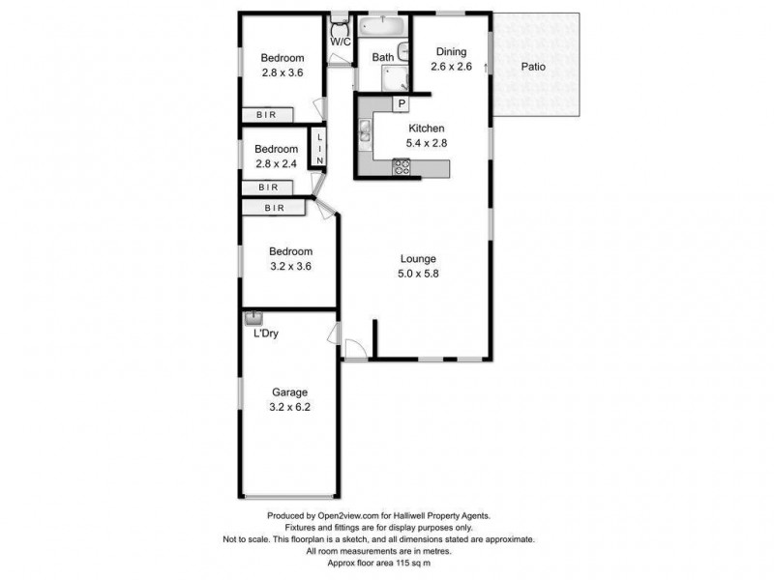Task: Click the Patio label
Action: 534,67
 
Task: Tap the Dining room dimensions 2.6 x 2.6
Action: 451,67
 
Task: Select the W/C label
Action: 340,43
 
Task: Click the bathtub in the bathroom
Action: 382,26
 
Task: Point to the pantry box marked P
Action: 400,102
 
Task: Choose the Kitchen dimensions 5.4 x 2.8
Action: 426,143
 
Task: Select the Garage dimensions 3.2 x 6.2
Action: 289,407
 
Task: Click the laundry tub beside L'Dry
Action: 253,317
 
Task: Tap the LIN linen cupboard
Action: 318,150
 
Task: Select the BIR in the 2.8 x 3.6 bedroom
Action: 267,115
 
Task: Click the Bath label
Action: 382,58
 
